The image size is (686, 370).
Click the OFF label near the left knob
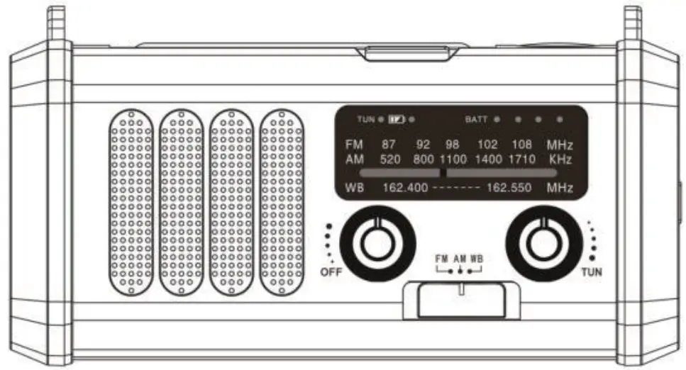click(331, 272)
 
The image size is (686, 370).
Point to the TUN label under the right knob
click(592, 272)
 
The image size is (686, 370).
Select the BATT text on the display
click(476, 119)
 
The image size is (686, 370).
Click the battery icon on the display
click(396, 119)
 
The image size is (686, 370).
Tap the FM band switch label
click(442, 259)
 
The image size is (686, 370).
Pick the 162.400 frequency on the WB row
click(405, 189)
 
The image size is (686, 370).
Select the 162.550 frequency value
click(510, 189)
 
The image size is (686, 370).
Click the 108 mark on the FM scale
click(521, 145)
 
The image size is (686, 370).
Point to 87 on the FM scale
click(389, 145)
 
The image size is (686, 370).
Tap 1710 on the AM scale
click(521, 159)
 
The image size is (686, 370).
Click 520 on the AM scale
click(390, 159)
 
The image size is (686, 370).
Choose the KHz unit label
click(560, 159)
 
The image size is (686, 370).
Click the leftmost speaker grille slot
click(132, 203)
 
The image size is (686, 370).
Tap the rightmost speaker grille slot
click(282, 203)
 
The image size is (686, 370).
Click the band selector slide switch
click(461, 289)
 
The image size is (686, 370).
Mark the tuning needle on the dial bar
click(443, 172)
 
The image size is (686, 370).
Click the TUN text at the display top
click(366, 119)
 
